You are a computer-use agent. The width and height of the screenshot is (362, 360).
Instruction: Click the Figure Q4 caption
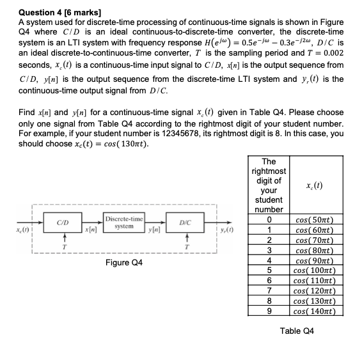pyautogui.click(x=124, y=263)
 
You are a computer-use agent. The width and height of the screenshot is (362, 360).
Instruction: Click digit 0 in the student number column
pyautogui.click(x=269, y=221)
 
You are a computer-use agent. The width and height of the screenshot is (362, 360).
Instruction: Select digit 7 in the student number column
pyautogui.click(x=269, y=292)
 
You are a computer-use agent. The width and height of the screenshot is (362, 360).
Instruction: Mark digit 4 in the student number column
pyautogui.click(x=269, y=261)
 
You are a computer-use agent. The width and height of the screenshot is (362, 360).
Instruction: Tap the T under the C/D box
pyautogui.click(x=62, y=246)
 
